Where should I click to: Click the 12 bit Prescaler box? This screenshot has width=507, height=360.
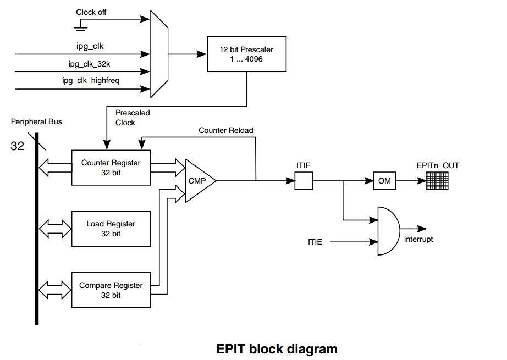(246, 54)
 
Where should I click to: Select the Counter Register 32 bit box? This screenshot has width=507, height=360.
(111, 168)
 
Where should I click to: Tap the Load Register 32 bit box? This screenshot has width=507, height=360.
(111, 229)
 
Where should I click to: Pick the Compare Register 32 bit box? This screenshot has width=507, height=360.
(111, 290)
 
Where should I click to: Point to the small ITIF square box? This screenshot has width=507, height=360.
(304, 181)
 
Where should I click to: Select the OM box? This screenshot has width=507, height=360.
(384, 181)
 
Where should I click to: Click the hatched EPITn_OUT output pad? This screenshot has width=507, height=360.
(437, 181)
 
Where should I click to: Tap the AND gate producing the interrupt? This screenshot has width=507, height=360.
(389, 231)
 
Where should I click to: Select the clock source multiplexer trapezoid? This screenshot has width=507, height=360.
(159, 54)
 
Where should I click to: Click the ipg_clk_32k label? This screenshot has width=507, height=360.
(89, 64)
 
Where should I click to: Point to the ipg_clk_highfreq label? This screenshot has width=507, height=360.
(91, 80)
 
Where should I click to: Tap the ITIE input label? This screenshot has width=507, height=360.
(315, 242)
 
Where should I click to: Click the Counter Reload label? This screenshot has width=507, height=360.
(225, 130)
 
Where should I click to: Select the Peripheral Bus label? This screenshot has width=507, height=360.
(36, 121)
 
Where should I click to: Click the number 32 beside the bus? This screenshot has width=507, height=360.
(17, 146)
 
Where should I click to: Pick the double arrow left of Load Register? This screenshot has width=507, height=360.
(55, 229)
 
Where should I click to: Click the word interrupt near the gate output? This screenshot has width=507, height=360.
(418, 239)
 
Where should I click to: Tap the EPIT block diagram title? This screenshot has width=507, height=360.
(277, 349)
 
